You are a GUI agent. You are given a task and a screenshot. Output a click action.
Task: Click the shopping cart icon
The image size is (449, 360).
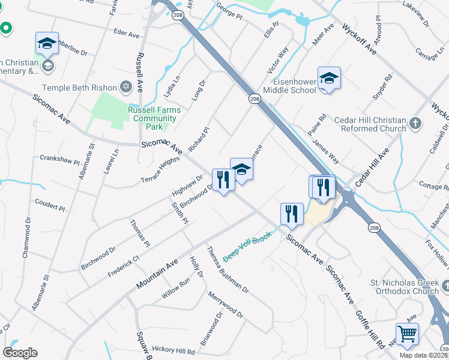click(x=407, y=333)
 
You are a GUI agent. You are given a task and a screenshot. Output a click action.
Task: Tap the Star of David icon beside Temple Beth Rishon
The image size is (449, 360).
click(x=125, y=88)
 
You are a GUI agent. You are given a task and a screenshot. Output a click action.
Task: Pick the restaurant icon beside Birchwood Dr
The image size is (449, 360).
click(x=223, y=179)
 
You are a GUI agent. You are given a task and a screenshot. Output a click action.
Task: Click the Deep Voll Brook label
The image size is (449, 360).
click(x=247, y=246)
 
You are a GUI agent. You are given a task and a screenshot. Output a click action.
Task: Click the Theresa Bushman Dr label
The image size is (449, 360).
click(x=228, y=270)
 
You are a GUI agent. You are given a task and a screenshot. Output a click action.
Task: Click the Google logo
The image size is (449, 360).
click(x=19, y=353)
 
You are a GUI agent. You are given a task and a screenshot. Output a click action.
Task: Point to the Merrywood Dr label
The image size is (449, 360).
click(x=226, y=305)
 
